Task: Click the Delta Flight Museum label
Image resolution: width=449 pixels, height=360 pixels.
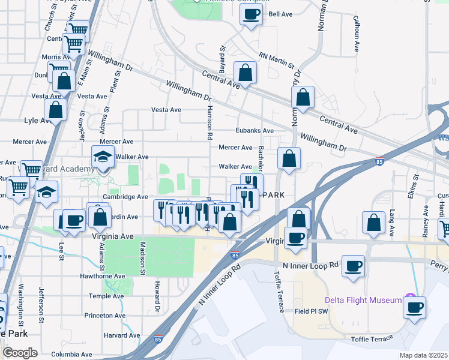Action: click(x=363, y=300)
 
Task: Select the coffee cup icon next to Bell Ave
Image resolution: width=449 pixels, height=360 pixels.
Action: click(x=252, y=14)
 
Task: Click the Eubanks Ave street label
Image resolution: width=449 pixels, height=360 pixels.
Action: click(x=255, y=130)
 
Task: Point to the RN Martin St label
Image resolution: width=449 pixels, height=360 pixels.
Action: click(x=276, y=61)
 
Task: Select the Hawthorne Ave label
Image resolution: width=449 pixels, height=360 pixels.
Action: click(x=103, y=276)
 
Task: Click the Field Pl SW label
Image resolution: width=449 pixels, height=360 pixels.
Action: click(x=311, y=311)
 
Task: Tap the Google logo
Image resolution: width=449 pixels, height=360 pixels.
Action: click(x=19, y=353)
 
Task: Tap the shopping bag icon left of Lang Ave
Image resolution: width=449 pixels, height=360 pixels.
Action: click(x=374, y=222)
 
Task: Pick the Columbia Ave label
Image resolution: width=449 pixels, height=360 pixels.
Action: click(x=72, y=355)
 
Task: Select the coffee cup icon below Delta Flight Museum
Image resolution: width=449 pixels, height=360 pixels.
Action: click(x=414, y=308)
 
